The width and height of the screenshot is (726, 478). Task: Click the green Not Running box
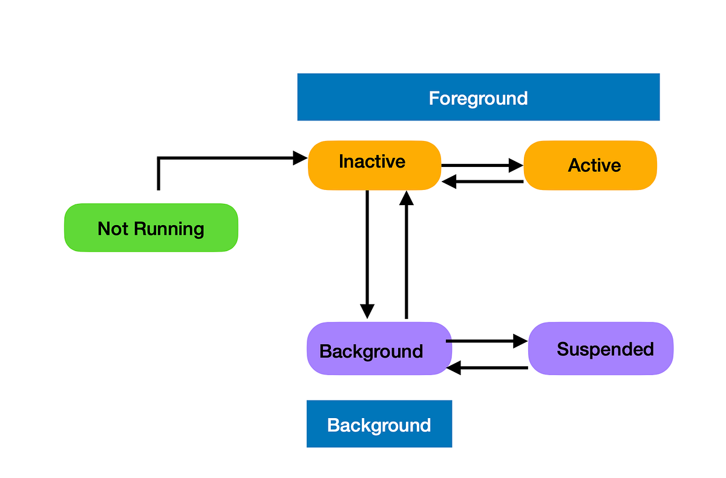[151, 228]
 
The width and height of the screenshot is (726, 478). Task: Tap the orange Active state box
[590, 165]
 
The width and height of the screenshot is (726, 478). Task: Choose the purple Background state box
[379, 348]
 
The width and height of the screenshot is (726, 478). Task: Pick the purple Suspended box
[601, 348]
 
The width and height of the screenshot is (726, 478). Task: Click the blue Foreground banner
[478, 97]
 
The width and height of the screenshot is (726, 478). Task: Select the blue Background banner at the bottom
[379, 424]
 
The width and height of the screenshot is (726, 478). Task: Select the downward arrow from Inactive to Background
[367, 254]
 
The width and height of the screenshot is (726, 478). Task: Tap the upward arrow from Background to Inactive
[407, 254]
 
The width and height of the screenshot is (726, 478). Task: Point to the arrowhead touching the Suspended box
[520, 341]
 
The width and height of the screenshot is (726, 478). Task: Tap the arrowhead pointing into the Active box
[515, 165]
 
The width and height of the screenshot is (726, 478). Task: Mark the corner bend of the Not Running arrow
[159, 159]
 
